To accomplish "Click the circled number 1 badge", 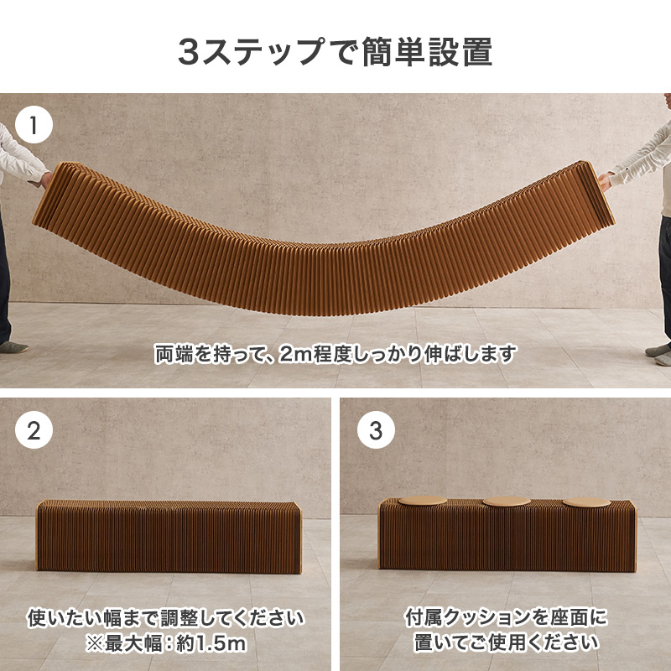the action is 34,124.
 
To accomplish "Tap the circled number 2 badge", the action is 34,429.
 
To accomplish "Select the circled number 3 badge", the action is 376,429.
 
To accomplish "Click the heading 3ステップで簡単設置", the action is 335,52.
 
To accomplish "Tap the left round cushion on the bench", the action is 423,501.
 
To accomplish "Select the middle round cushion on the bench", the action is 507,502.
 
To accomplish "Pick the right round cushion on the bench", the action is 586,502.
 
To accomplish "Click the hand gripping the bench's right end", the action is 605,181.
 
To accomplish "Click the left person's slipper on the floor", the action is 13,346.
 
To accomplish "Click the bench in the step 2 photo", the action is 169,537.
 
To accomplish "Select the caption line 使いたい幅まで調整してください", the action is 165,617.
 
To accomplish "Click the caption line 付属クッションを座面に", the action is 507,617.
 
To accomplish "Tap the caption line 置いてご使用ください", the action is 507,642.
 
